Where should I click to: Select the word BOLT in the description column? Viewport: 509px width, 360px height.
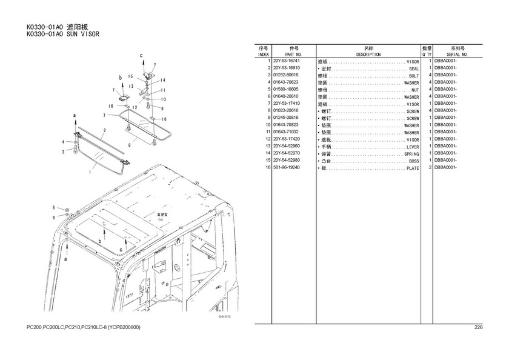pyautogui.click(x=414, y=76)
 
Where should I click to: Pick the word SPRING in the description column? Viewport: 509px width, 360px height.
pyautogui.click(x=411, y=153)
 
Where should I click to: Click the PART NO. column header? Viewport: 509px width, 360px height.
pyautogui.click(x=294, y=55)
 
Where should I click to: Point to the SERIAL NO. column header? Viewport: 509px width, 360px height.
pyautogui.click(x=457, y=55)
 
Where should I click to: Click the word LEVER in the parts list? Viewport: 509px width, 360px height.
pyautogui.click(x=413, y=147)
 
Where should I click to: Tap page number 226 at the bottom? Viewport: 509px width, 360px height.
pyautogui.click(x=478, y=328)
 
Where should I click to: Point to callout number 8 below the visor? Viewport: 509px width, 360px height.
pyautogui.click(x=130, y=145)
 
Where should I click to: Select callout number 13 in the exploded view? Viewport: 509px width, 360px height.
pyautogui.click(x=131, y=87)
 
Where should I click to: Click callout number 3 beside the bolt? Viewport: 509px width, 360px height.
pyautogui.click(x=62, y=152)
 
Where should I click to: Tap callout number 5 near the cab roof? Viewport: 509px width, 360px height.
pyautogui.click(x=53, y=208)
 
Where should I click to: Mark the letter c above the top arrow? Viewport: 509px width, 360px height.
pyautogui.click(x=142, y=55)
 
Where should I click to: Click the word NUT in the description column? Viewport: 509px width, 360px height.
pyautogui.click(x=415, y=90)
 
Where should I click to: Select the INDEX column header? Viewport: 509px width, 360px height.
pyautogui.click(x=263, y=55)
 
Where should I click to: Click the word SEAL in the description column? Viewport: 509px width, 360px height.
pyautogui.click(x=414, y=69)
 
